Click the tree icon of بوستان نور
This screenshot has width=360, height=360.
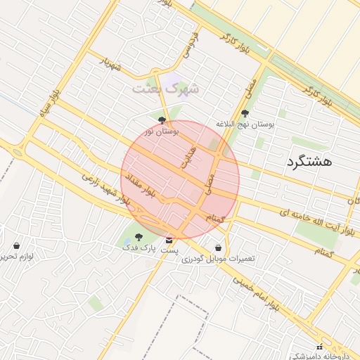pos(163,120)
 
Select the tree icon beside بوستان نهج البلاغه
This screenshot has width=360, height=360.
pos(245,113)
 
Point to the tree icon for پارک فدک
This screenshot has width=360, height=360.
pos(138,237)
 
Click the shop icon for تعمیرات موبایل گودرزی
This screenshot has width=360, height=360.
pos(219,248)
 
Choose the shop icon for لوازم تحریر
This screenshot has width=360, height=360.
pos(16,246)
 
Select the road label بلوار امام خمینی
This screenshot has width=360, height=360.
pos(259,289)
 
